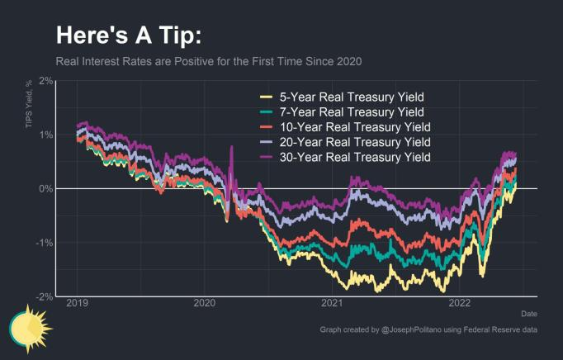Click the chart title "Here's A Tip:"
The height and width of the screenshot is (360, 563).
pos(128,36)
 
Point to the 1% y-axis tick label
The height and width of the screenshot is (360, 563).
pos(46,135)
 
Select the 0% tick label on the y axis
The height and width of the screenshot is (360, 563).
pos(46,188)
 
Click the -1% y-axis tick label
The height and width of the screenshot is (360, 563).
pos(45,242)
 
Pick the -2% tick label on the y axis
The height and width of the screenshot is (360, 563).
pos(45,296)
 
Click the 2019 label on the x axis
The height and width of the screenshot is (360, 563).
pos(78,304)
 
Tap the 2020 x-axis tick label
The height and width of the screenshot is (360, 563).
pos(205,304)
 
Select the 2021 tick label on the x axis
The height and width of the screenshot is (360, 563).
pos(332,304)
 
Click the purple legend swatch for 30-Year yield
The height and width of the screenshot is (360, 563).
pos(265,157)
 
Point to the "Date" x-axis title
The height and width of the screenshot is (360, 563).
pos(528,314)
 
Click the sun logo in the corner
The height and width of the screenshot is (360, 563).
pos(30,328)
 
